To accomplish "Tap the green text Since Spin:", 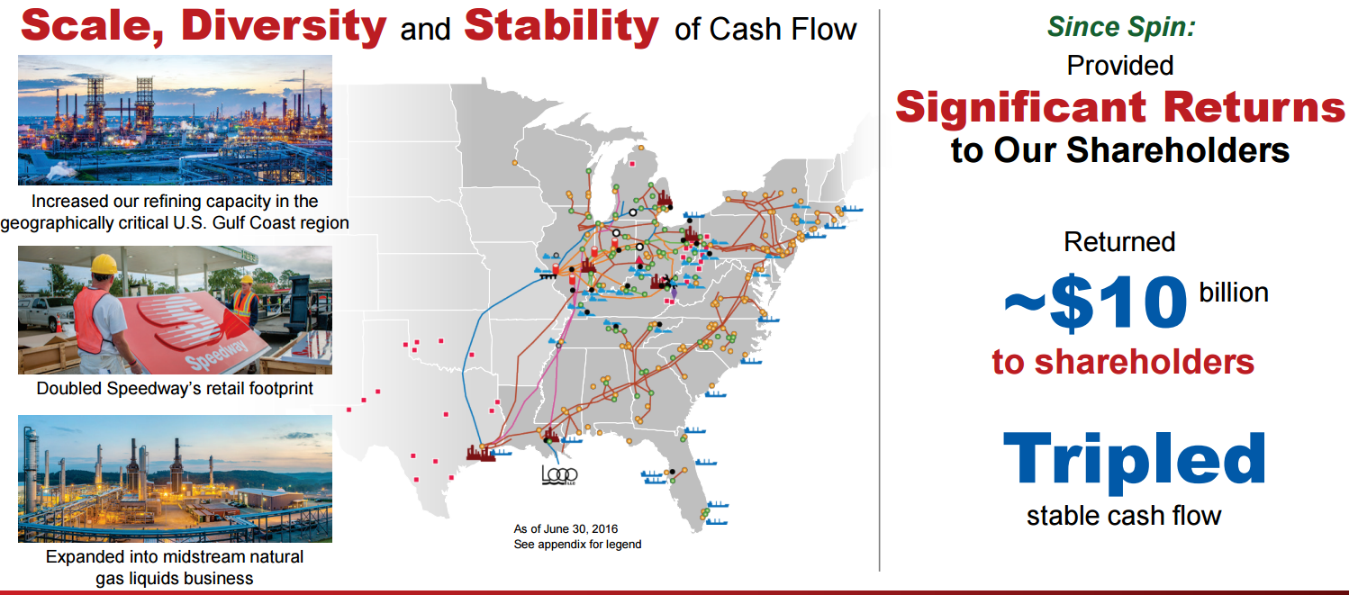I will click(1120, 27).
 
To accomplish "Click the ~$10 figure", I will click(1094, 303).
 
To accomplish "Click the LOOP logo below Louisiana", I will click(559, 474).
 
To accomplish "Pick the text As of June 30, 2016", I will click(566, 528).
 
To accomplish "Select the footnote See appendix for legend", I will click(577, 544).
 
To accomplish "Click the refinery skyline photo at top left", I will click(175, 120).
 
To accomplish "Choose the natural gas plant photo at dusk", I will click(175, 478).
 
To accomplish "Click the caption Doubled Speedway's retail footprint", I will click(175, 389).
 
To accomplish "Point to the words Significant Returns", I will click(1119, 107).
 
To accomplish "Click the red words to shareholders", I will click(1122, 361).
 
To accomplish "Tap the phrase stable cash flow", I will click(1123, 516).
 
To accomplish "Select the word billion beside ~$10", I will click(1234, 292).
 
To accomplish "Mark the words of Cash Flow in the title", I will click(765, 29).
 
